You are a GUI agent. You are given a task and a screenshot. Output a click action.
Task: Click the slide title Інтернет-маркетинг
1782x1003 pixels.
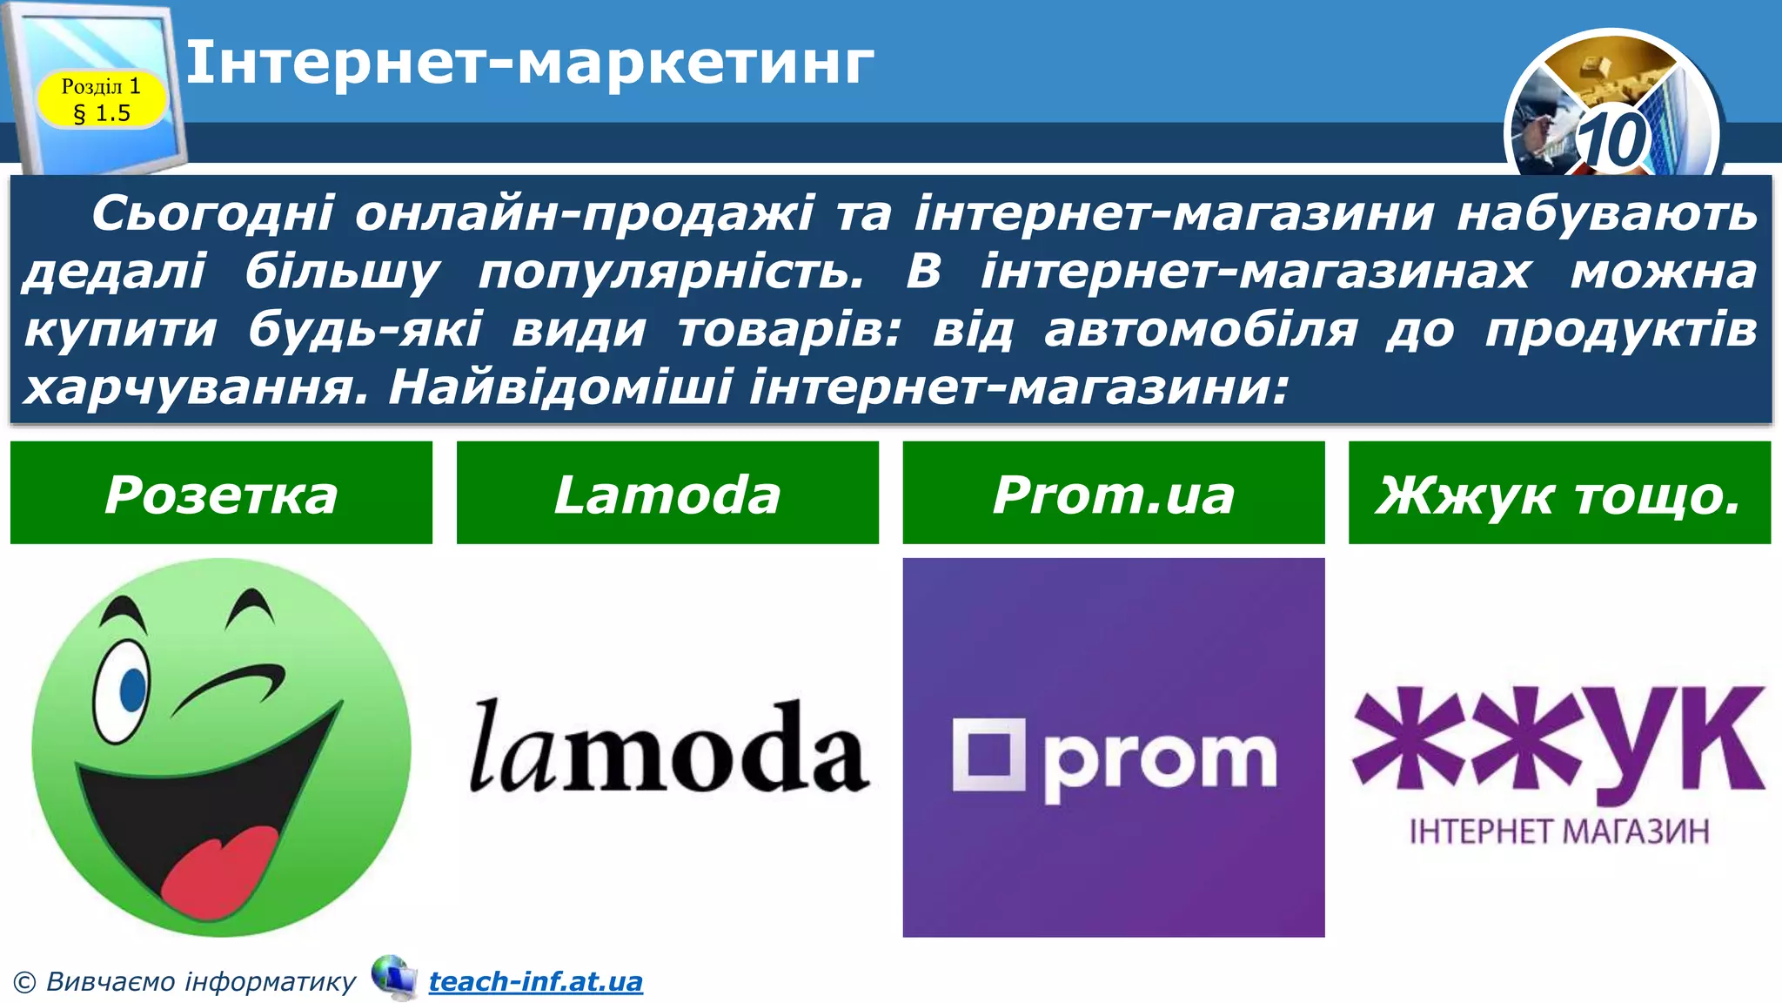click(x=529, y=63)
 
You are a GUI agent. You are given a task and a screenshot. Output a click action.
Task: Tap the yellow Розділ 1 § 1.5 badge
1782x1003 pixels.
click(x=101, y=99)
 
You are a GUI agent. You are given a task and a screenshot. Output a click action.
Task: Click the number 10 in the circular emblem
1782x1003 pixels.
click(x=1611, y=139)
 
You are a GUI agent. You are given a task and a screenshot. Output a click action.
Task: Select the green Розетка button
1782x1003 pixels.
click(x=221, y=494)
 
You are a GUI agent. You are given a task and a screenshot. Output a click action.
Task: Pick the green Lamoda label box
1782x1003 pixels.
click(x=667, y=494)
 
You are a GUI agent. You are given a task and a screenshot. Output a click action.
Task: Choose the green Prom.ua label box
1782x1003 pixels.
click(x=1114, y=494)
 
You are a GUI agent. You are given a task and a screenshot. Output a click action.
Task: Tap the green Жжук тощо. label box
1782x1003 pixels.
click(x=1559, y=494)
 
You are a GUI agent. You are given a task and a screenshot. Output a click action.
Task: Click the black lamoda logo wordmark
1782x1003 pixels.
click(x=668, y=749)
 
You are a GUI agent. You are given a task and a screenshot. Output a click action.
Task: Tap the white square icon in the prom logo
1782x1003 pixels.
click(x=988, y=754)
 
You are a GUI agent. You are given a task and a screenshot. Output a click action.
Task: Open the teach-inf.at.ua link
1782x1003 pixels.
click(x=535, y=982)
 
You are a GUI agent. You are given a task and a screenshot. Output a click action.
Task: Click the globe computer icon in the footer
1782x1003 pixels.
click(x=394, y=977)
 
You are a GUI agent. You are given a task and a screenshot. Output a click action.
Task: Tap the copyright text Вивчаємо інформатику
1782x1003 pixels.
click(x=200, y=982)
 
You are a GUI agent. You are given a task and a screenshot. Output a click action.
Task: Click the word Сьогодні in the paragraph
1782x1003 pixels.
click(x=212, y=213)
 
